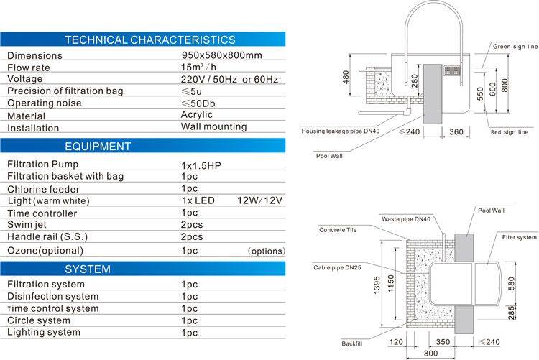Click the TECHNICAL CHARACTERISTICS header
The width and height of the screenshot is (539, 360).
click(149, 40)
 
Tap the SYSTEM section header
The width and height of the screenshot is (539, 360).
click(88, 269)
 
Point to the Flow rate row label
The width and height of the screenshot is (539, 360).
click(32, 66)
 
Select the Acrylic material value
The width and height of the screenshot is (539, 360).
click(199, 115)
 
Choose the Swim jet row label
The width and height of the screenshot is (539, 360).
click(28, 225)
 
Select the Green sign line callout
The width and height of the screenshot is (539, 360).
click(515, 46)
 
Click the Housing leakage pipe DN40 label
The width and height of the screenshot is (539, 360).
click(340, 131)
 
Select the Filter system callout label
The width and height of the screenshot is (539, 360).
click(519, 236)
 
